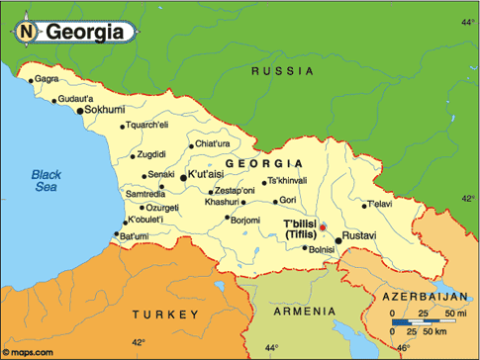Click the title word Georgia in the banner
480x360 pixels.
pos(83,32)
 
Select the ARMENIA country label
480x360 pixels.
pos(301,312)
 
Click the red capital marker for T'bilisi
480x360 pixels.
pos(322,227)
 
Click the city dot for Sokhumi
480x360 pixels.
pos(79,111)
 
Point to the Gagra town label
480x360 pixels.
pos(47,79)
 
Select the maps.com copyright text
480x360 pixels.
pos(30,350)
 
